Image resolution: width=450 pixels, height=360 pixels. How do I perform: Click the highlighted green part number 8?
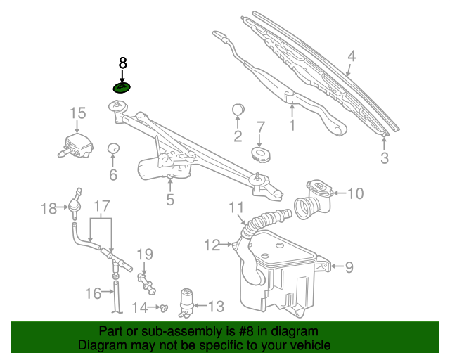click(122, 88)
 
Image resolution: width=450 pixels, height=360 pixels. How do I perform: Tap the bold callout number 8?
click(122, 63)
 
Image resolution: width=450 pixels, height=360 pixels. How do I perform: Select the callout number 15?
click(78, 113)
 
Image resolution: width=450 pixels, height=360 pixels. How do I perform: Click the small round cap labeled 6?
click(113, 148)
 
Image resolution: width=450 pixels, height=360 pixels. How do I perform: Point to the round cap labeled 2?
click(238, 110)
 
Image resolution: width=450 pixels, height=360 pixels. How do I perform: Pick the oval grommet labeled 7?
click(261, 154)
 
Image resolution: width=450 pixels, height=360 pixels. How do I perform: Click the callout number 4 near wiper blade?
click(352, 56)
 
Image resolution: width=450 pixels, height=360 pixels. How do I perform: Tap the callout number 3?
click(385, 158)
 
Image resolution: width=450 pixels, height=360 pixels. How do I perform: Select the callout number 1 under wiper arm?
click(292, 125)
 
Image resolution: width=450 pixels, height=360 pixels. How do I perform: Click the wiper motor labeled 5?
click(165, 167)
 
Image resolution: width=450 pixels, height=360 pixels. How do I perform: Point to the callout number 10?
click(356, 193)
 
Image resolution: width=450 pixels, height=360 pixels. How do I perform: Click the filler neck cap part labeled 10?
click(314, 199)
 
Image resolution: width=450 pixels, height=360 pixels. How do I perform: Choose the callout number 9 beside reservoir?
click(349, 267)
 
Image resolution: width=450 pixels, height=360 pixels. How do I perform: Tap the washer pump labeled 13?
click(186, 303)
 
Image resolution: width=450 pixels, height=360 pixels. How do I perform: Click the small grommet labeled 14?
click(164, 308)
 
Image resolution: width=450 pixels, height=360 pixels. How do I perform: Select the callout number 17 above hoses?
click(102, 206)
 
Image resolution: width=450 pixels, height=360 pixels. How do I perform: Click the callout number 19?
click(145, 255)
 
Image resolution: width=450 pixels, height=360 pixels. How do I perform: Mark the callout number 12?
click(212, 245)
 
